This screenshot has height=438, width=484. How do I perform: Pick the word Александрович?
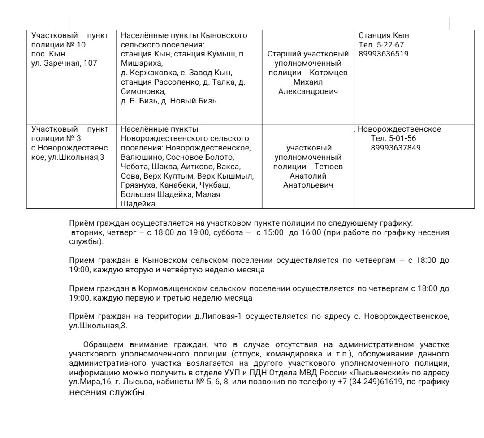[307, 92]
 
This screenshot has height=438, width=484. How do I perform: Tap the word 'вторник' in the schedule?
[86, 233]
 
